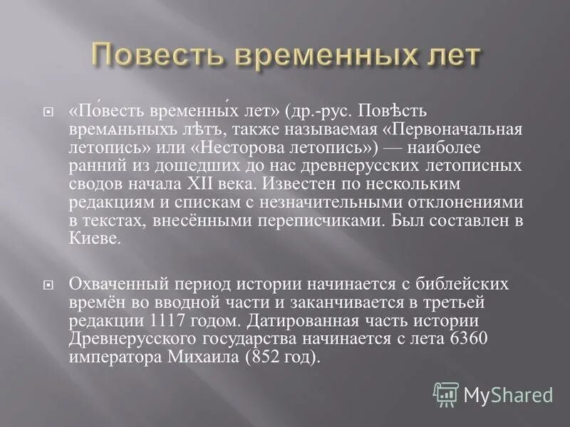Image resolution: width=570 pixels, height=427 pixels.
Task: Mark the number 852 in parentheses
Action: (x=262, y=357)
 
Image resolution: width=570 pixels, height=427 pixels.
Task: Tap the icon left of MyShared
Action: (x=446, y=394)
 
